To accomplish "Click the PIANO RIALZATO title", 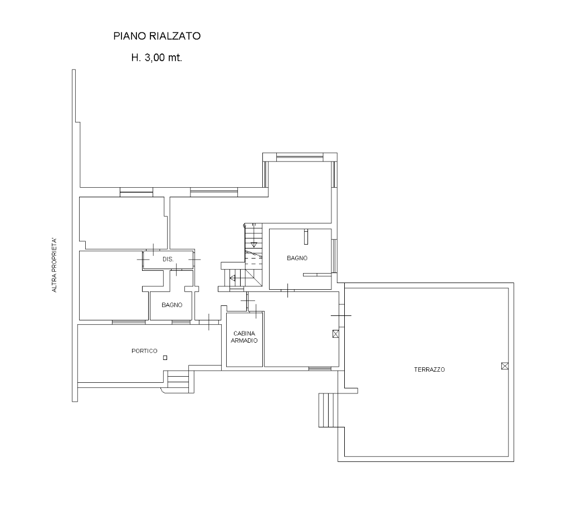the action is pos(157,36).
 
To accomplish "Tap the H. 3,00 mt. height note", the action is pos(157,57).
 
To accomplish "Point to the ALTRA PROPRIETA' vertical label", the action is pos(54,265).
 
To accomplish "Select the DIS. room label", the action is pos(168,259).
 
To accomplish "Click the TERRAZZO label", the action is pos(429,369).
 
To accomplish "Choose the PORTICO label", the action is pos(144,351).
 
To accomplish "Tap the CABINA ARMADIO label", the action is pos(245,337).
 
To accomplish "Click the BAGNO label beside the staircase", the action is pos(297,258).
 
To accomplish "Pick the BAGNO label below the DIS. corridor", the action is pos(172,305).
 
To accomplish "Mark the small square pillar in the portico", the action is pos(165,358).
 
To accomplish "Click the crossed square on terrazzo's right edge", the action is pos(505,366).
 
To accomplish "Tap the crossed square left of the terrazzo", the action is pos(335,334).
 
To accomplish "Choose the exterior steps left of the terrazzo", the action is pos(328,410).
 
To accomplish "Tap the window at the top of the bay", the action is pos(300,157).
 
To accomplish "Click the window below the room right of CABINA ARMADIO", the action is pos(320,369).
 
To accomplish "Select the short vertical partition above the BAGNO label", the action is pos(306,237).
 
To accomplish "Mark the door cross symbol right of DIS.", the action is pos(194,259).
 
